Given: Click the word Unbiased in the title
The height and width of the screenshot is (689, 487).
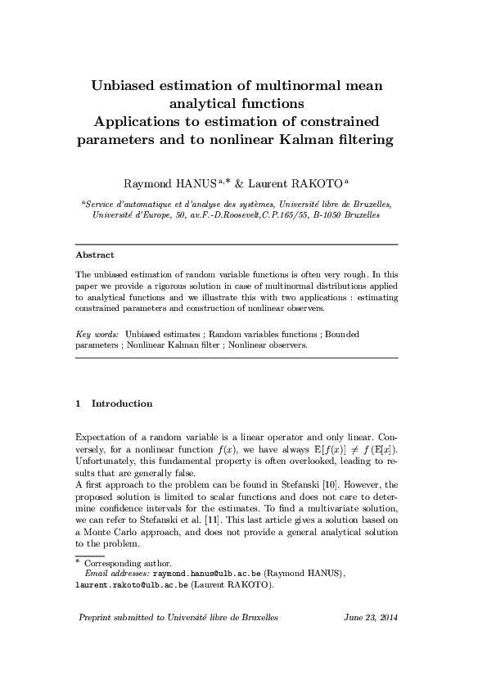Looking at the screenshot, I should [x=129, y=84].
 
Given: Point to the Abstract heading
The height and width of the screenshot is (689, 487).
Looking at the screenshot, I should [x=94, y=254].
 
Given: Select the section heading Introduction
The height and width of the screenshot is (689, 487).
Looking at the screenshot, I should [x=122, y=403].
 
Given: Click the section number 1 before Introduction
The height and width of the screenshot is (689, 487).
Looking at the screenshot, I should [x=78, y=403].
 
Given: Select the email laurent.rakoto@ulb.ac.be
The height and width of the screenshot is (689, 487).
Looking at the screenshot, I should [x=132, y=585].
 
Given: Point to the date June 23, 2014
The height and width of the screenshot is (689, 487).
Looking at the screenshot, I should [x=371, y=617].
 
